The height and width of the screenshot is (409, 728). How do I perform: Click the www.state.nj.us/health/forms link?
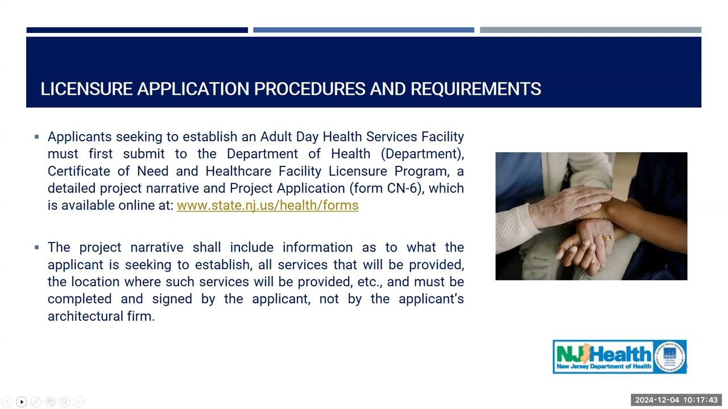pyautogui.click(x=267, y=206)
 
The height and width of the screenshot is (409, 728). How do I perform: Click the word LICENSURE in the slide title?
pyautogui.click(x=86, y=89)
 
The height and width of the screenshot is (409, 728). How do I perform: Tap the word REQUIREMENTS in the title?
pyautogui.click(x=475, y=89)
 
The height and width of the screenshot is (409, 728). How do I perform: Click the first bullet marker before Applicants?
pyautogui.click(x=37, y=137)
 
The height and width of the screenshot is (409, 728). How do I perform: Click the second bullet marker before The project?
pyautogui.click(x=37, y=247)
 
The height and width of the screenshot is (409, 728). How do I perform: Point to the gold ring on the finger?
pyautogui.click(x=606, y=238)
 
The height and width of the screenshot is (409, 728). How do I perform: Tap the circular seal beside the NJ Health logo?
pyautogui.click(x=670, y=357)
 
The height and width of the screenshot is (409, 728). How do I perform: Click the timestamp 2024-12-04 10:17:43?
pyautogui.click(x=676, y=400)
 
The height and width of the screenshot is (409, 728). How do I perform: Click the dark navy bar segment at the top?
pyautogui.click(x=137, y=30)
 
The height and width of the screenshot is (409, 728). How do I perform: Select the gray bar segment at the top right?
pyautogui.click(x=590, y=30)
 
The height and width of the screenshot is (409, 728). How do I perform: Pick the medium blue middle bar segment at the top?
pyautogui.click(x=363, y=30)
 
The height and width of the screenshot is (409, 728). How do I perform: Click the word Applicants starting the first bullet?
pyautogui.click(x=80, y=137)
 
